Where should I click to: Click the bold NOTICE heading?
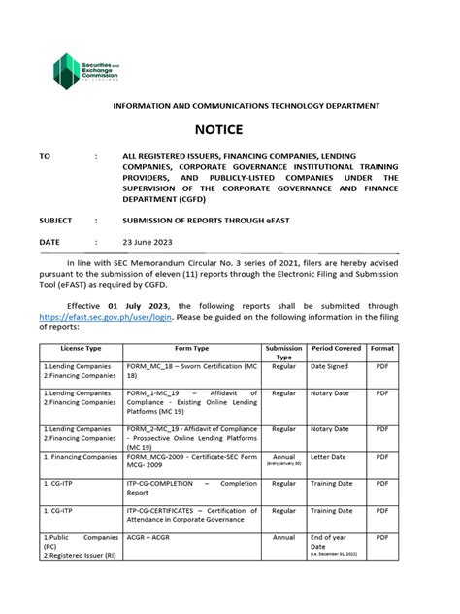point(230,130)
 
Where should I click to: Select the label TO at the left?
point(45,155)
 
